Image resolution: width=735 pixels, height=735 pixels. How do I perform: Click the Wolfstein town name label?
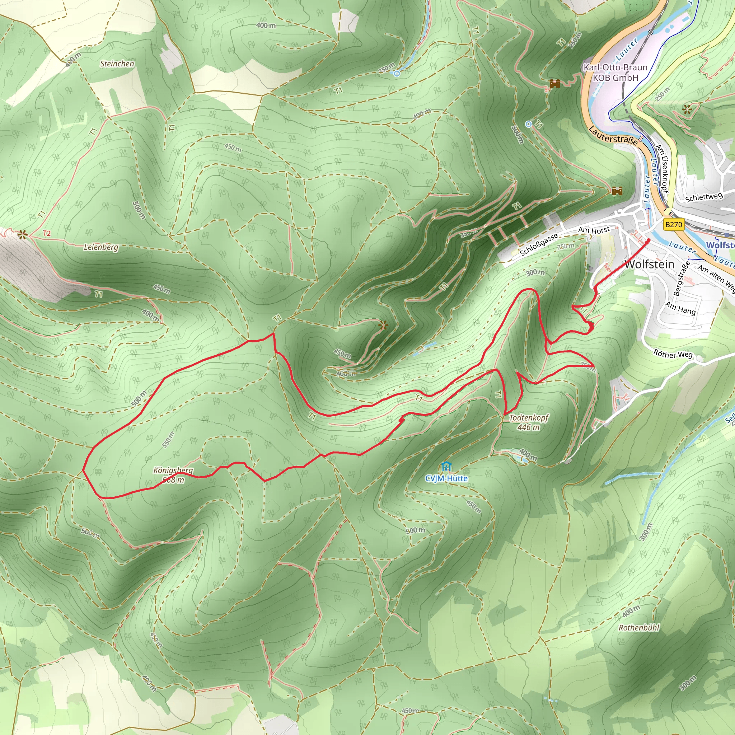point(649,264)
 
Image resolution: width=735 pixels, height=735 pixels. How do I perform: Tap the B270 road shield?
point(673,224)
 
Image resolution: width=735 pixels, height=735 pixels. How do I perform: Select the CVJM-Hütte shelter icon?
point(445,467)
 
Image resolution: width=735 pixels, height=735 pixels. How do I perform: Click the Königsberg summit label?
point(173,475)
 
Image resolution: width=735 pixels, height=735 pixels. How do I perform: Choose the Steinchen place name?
point(117,64)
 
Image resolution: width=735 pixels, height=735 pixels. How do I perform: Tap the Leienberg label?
point(101,247)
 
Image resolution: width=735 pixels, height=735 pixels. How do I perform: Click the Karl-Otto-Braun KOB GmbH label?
point(615,72)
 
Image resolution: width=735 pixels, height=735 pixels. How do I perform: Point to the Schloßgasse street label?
point(539,244)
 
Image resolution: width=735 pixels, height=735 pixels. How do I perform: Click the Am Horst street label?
point(594,230)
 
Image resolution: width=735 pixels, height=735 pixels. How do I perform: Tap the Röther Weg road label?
point(673,354)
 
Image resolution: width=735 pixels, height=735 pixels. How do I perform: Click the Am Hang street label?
point(680,308)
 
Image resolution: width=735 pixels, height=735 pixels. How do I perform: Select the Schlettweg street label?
point(704,197)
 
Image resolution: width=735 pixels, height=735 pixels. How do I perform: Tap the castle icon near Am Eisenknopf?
point(617,191)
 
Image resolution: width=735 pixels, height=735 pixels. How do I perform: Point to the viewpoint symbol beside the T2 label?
point(22,234)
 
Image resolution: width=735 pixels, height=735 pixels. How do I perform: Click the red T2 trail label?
point(47,233)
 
